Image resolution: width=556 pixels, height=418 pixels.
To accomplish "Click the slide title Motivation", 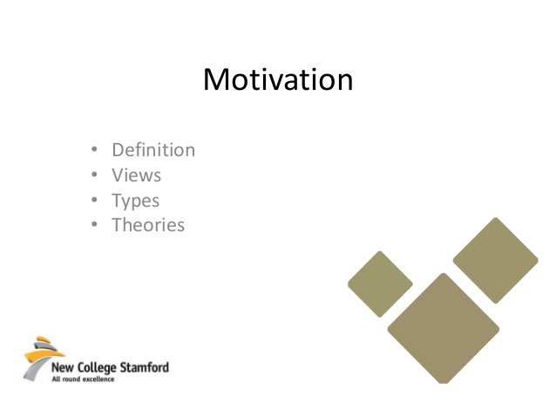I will (278, 80).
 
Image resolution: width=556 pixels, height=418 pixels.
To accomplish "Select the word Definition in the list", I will (153, 150).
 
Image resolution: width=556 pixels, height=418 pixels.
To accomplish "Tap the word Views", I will (136, 175).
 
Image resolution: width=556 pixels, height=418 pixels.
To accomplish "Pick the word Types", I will (135, 201).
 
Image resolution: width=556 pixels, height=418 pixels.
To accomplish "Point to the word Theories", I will (148, 225).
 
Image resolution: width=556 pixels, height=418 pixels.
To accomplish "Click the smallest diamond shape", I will (380, 284).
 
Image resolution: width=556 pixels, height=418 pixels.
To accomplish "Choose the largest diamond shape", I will (444, 329).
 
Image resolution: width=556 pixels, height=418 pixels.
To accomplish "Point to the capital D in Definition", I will (117, 150).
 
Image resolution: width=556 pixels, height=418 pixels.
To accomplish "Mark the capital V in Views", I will (117, 175).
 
